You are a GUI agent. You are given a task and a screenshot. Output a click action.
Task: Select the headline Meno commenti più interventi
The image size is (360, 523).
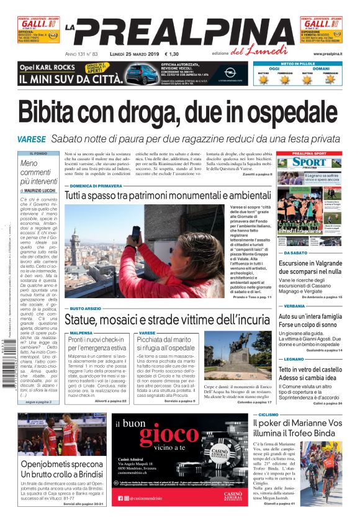38,172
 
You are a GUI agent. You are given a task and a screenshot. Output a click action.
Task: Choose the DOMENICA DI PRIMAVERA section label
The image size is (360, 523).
96,186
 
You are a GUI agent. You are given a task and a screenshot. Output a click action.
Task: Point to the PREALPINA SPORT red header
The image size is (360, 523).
309,153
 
